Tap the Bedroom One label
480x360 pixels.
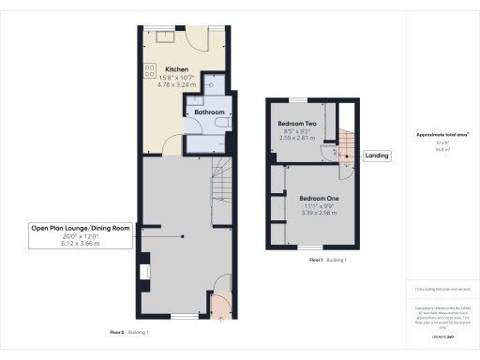pos(320,199)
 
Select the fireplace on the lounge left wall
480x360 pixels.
pos(144,272)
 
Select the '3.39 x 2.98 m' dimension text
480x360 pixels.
pos(320,213)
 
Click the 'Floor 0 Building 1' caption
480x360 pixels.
pos(129,332)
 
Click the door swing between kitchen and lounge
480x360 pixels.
pos(170,145)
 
